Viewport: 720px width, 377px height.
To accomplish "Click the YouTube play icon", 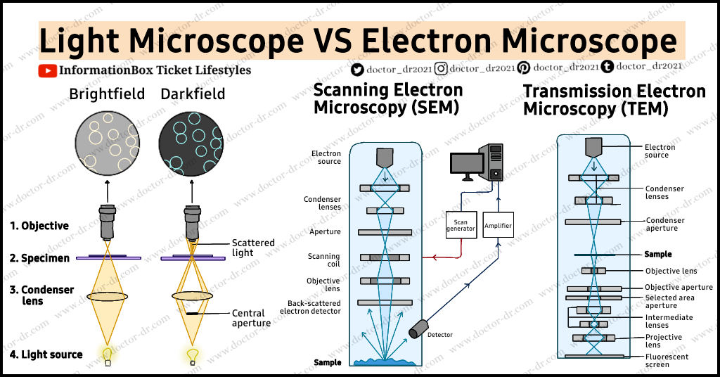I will (48, 70).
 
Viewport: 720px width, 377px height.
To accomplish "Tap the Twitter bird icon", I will (358, 68).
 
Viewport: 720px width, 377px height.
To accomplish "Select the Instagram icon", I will (441, 68).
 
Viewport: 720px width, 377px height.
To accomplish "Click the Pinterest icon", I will (524, 68).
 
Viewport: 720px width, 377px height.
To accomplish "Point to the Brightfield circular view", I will (107, 142).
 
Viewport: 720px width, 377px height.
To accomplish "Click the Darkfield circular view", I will (191, 142).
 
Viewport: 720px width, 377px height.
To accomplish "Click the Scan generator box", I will (461, 225).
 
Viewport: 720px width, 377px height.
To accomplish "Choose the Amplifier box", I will (498, 226).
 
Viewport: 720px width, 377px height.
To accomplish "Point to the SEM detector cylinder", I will (420, 328).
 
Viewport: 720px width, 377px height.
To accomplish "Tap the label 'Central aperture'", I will (251, 318).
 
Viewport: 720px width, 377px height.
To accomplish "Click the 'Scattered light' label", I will (253, 248).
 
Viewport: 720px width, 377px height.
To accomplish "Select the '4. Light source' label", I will (46, 354).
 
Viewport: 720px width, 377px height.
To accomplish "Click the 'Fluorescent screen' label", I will (667, 361).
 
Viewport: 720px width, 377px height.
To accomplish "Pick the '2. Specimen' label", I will (40, 258).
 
